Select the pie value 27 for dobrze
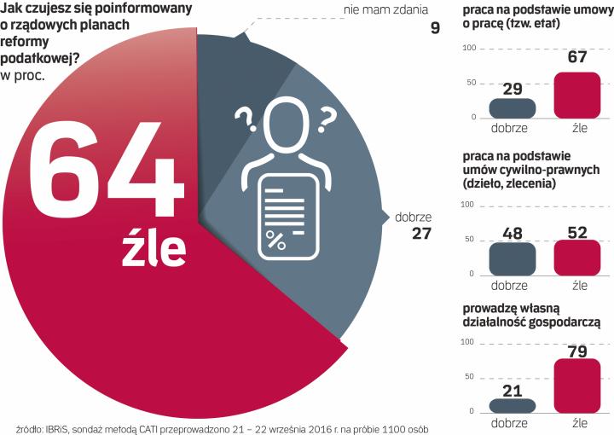[421, 233]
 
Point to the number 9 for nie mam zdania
[435, 28]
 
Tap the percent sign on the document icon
[275, 239]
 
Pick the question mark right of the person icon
[325, 120]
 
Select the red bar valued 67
[577, 95]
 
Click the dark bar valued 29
[512, 107]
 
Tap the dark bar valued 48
[512, 258]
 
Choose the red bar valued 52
[577, 257]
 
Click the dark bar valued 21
[512, 405]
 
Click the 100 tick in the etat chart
[467, 49]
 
